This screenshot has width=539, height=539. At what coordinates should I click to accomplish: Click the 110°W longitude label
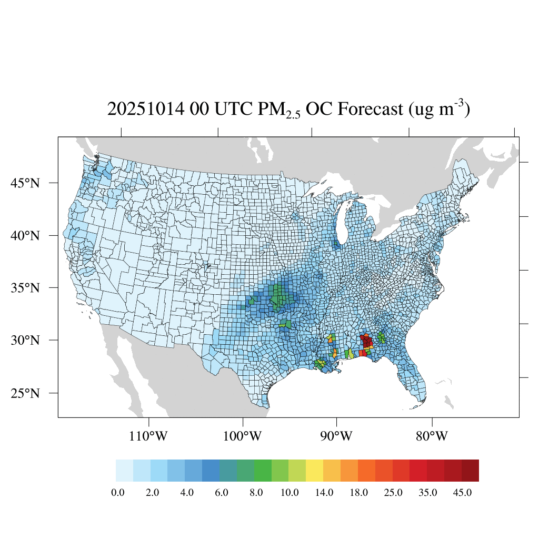click(149, 436)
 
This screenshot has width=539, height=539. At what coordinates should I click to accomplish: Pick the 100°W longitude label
click(243, 436)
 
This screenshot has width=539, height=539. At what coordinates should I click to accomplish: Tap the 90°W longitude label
click(336, 436)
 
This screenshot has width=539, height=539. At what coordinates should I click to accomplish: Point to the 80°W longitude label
click(432, 436)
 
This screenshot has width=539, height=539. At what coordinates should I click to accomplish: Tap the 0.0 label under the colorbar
click(118, 493)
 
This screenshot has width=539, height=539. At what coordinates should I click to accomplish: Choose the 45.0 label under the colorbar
click(462, 493)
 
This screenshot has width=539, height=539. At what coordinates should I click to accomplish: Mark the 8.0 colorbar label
click(255, 493)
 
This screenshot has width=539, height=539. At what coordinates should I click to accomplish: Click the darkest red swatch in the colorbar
click(470, 471)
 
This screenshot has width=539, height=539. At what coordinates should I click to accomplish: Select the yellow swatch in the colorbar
click(314, 471)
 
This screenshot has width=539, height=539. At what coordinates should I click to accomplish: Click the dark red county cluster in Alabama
click(366, 342)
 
